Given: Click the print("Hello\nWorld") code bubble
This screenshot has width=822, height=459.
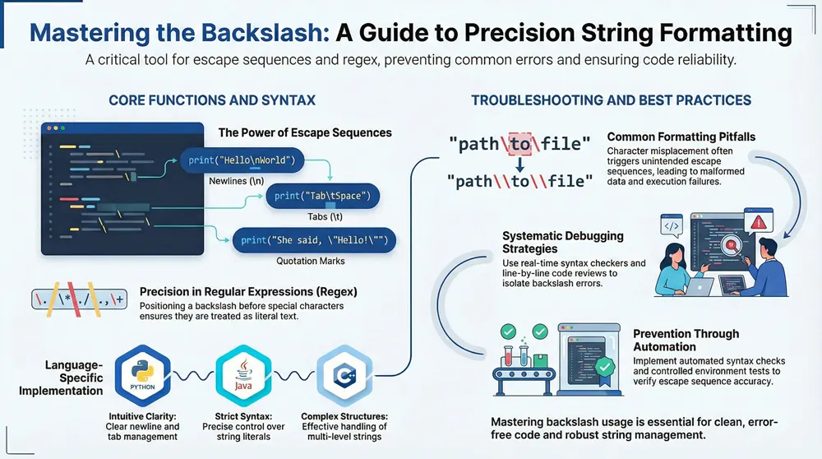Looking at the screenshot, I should (x=242, y=160).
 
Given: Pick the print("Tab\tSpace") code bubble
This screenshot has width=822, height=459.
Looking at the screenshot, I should (x=323, y=196).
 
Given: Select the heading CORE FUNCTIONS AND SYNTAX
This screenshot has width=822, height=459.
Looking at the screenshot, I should (x=212, y=100).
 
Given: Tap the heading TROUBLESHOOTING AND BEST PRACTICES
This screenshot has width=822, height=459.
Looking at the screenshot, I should (x=611, y=100).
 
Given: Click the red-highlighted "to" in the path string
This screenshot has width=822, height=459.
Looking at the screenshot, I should (x=520, y=145).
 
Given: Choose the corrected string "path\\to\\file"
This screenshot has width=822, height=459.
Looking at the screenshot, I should (x=520, y=181).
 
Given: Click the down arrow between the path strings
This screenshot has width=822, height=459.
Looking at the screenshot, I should (x=520, y=163).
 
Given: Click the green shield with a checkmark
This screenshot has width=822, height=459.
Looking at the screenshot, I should (x=604, y=367).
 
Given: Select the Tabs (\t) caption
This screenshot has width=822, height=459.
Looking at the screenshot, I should (x=324, y=216).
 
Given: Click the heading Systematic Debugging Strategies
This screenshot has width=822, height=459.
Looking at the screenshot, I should (x=562, y=242).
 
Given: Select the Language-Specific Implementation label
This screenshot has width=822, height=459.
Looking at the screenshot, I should (x=62, y=377).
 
